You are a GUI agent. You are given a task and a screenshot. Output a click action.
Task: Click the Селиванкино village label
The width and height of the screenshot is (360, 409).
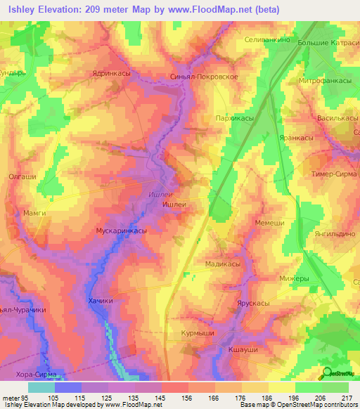tap(267, 41)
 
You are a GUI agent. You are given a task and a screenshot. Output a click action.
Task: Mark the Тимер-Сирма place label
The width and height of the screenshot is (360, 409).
tap(330, 172)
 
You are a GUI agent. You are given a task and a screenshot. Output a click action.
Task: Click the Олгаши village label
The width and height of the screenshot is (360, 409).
tap(22, 176)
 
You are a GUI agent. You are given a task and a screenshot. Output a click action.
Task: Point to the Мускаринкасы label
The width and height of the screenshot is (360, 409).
tap(120, 230)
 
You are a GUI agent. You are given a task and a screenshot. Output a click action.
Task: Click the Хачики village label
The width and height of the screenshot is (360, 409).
tap(101, 301)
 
